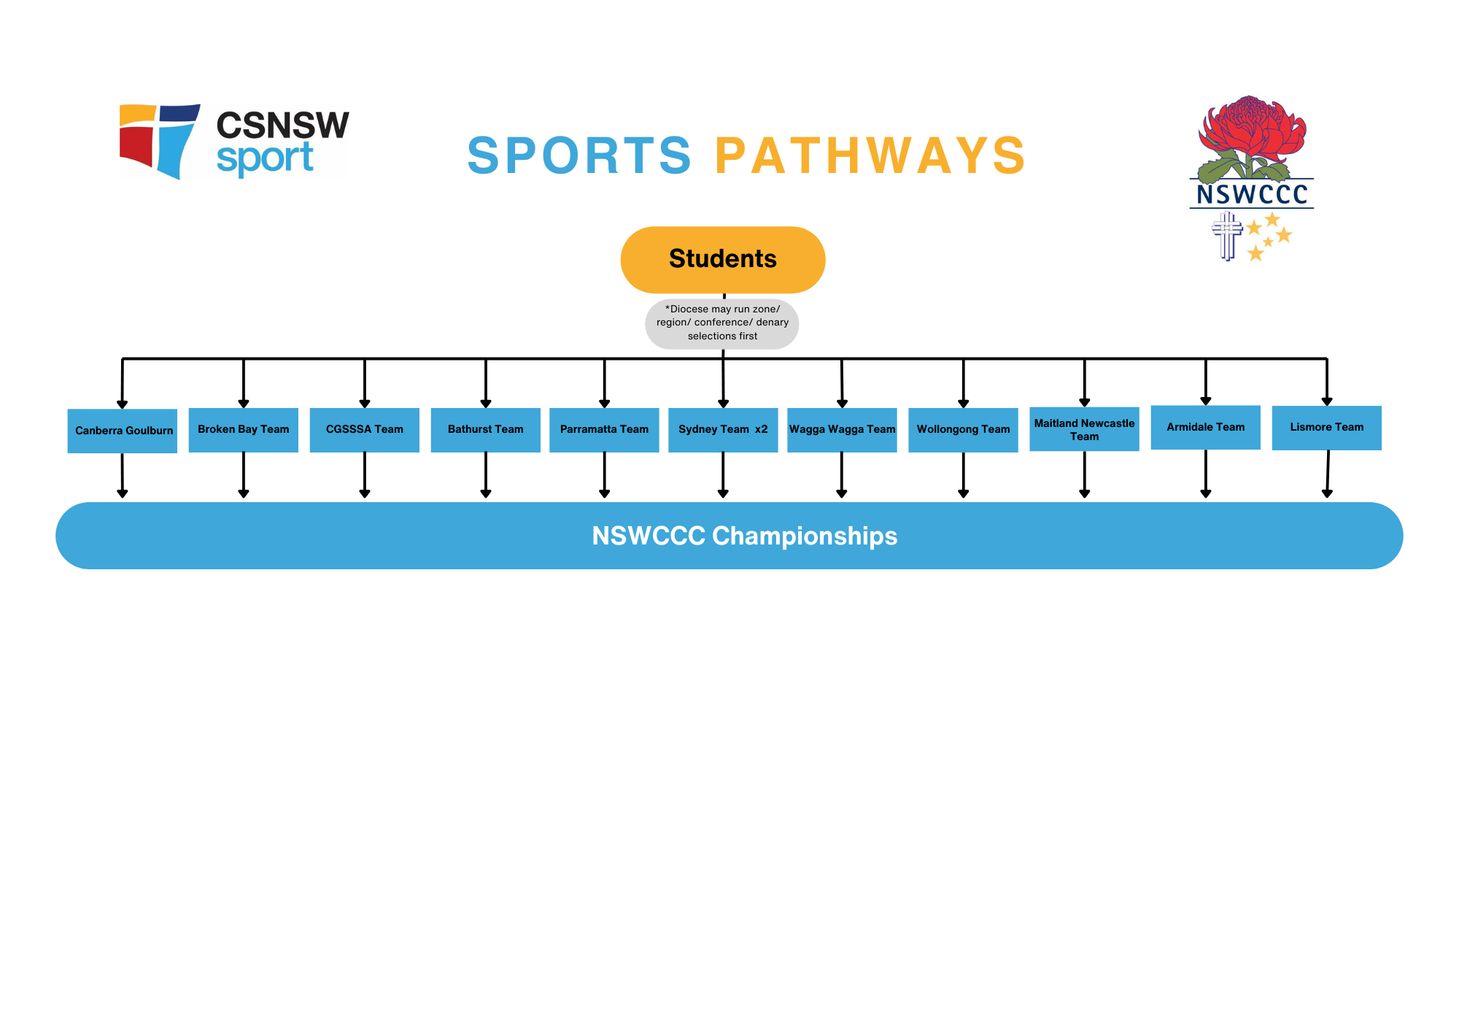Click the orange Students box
coord(722,259)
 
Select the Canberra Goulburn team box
coord(123,431)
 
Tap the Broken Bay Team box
coord(243,429)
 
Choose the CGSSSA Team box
coord(364,429)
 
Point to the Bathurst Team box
coord(485,429)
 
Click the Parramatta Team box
coord(604,429)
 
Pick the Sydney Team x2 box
coord(723,429)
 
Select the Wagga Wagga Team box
coord(842,429)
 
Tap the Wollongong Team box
coord(963,429)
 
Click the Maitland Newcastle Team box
coord(1084,429)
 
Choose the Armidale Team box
coord(1205,427)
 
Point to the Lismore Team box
coord(1326,427)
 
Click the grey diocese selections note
coord(722,323)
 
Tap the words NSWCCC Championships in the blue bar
coord(744,536)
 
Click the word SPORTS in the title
coord(579,155)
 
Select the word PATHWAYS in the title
coord(870,155)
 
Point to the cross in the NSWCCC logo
coord(1227,235)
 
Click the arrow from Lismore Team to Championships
coord(1328,474)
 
